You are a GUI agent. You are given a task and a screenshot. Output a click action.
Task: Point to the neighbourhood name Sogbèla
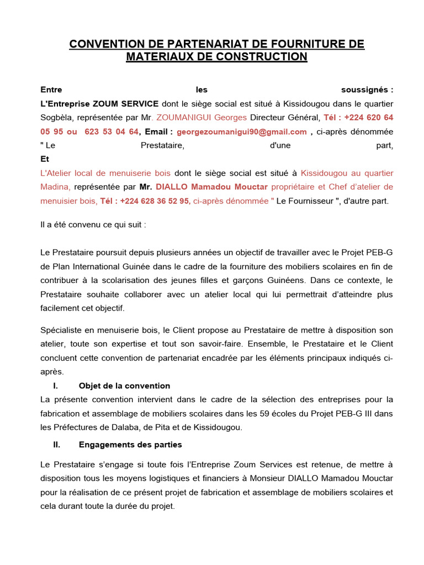click(57, 118)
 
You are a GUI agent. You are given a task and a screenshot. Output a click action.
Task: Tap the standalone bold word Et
click(45, 159)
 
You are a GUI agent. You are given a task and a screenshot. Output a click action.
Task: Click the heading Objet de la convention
click(124, 386)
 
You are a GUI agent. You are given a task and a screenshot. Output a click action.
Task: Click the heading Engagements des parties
click(130, 444)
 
